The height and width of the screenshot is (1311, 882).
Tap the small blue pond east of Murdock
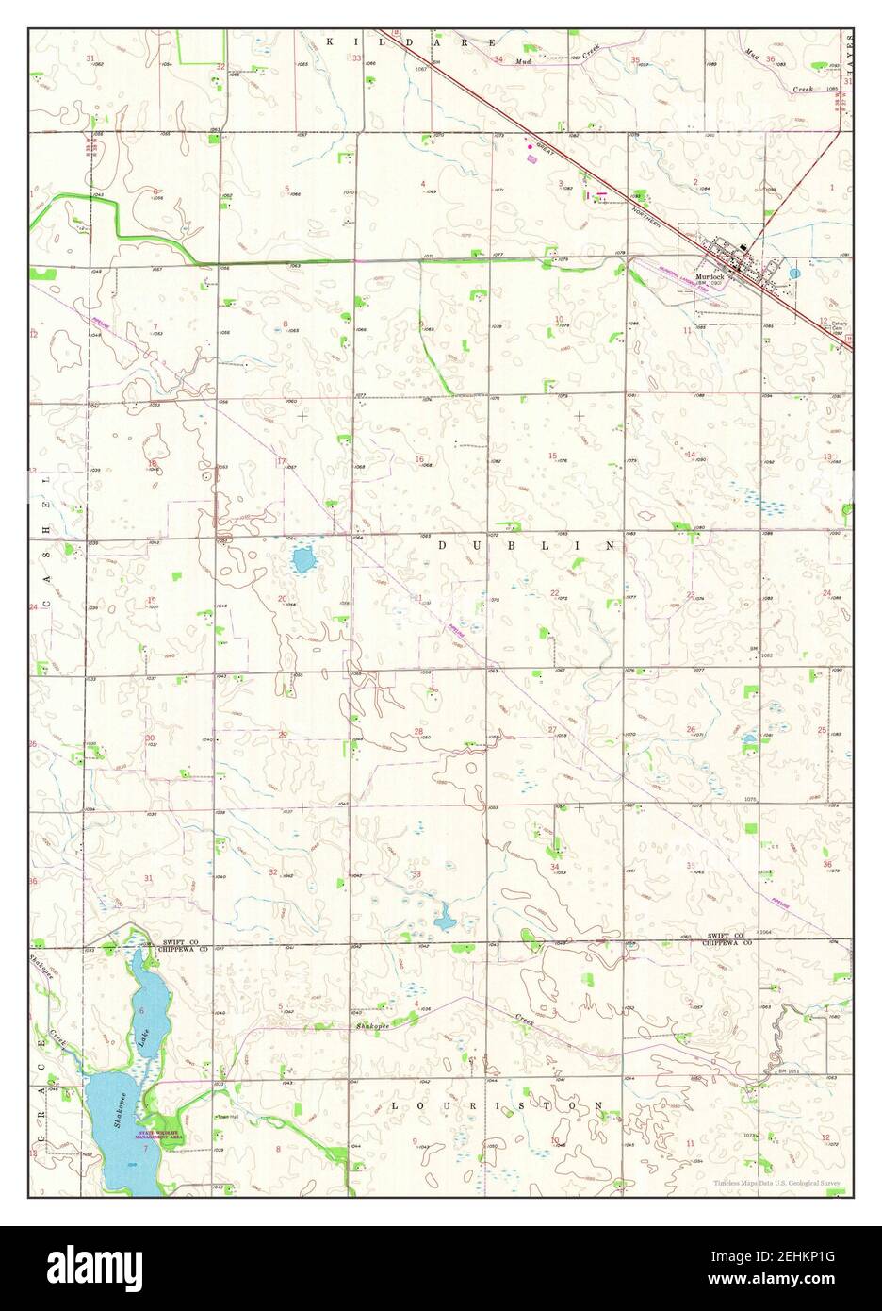pos(793,273)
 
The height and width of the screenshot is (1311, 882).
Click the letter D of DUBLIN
pos(443,545)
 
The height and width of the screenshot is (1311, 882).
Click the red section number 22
pos(554,592)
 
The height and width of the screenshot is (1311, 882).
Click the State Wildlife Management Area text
pos(160,1137)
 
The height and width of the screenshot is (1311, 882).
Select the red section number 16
pos(418,459)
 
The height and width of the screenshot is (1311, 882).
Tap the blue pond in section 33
pos(442,913)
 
